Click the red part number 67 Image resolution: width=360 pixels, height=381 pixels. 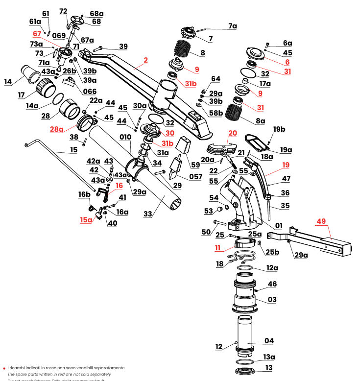point(37,34)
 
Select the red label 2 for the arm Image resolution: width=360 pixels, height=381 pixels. point(145,61)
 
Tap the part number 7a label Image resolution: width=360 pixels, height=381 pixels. point(232,26)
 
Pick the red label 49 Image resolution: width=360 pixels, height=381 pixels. point(321,221)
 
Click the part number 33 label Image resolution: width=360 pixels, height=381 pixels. point(148,213)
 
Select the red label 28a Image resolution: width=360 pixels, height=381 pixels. point(57,129)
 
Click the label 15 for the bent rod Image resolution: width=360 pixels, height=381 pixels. point(74,149)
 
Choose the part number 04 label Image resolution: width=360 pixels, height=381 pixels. point(269,340)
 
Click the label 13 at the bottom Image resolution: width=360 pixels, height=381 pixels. point(269,368)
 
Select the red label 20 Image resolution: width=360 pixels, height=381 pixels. point(232,133)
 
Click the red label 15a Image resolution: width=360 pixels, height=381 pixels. point(86,220)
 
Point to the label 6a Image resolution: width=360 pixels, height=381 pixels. point(287,43)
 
